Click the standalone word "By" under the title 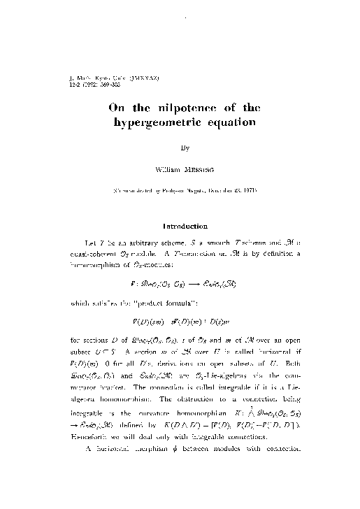(x=185, y=148)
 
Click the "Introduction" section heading (x=185, y=227)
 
